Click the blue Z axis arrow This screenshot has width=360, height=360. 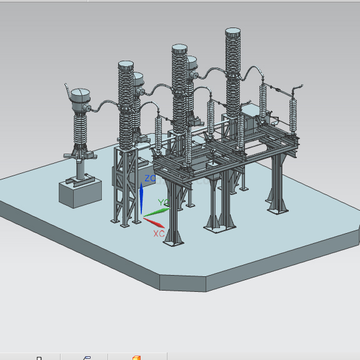141,198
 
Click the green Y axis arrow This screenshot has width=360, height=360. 157,212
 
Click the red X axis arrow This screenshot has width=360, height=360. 154,222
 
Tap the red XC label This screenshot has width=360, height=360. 159,234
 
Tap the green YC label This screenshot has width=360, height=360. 164,202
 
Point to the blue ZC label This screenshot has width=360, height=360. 150,178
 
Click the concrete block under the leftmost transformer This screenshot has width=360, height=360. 80,193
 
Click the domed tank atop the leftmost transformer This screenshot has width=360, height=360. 80,99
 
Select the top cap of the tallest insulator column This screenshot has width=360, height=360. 232,32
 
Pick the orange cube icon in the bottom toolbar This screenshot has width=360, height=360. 136,357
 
